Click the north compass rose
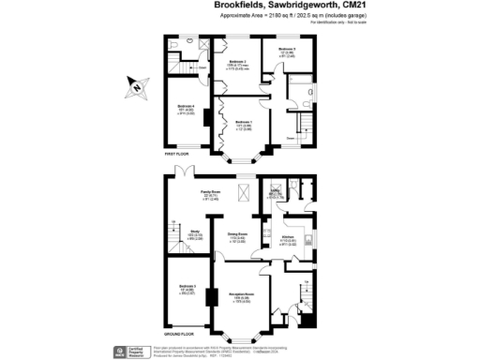pyautogui.click(x=137, y=88)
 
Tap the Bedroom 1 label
pyautogui.click(x=243, y=123)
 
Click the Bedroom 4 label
pyautogui.click(x=185, y=107)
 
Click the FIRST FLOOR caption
pyautogui.click(x=177, y=152)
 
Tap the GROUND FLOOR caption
pyautogui.click(x=180, y=333)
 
